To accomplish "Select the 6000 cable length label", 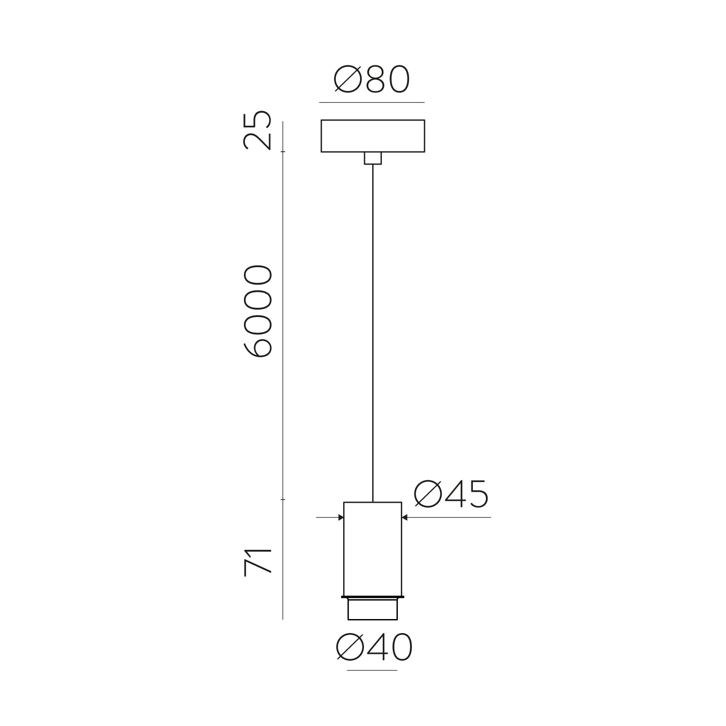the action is [257, 311].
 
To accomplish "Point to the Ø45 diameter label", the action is [451, 495].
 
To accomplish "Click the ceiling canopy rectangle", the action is [373, 136].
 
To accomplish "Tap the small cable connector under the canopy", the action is [372, 158].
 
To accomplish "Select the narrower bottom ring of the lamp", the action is [372, 609].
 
